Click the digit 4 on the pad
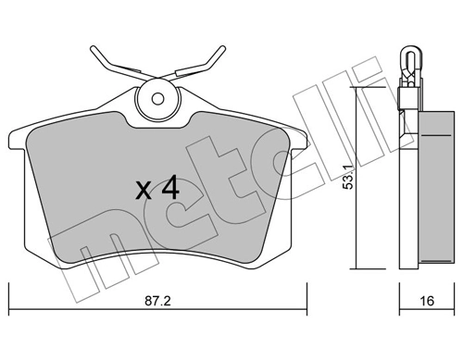point(168,189)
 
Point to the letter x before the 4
point(143,192)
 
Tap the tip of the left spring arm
point(92,48)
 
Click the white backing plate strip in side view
point(407,185)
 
